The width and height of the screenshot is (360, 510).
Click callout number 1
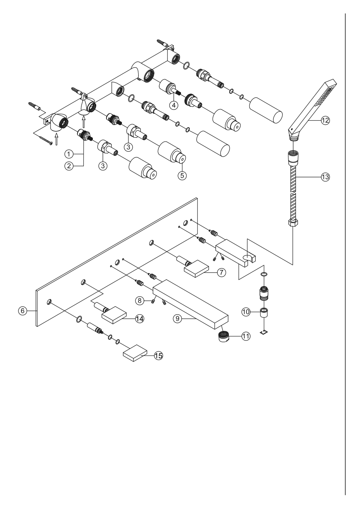tap(69, 154)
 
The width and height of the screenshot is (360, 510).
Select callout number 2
tap(69, 166)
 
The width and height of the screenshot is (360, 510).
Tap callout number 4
tap(174, 105)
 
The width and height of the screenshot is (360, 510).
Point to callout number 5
tap(182, 175)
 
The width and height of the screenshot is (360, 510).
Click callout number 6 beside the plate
tap(22, 310)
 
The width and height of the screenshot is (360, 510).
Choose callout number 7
tap(222, 272)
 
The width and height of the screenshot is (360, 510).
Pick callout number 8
tap(139, 300)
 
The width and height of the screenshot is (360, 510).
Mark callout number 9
tap(178, 319)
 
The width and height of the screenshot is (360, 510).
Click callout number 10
tap(246, 312)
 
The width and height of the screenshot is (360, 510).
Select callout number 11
tap(246, 336)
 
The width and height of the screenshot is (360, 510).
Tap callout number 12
tap(325, 120)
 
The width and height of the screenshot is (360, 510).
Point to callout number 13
tap(325, 177)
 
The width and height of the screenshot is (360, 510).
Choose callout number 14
tap(139, 319)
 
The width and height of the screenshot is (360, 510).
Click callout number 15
tap(159, 355)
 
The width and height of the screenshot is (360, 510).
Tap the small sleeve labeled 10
tap(264, 312)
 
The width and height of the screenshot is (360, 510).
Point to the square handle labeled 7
tap(196, 269)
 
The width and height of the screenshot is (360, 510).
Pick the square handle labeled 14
tap(114, 315)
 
